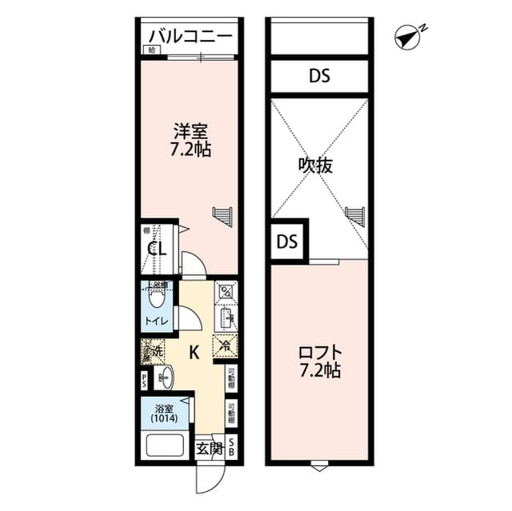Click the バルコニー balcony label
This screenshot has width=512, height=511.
click(x=190, y=37)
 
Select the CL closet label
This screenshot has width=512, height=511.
click(x=156, y=250)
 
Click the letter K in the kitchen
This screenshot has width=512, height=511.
click(x=194, y=351)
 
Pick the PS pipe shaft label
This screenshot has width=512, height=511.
click(x=145, y=379)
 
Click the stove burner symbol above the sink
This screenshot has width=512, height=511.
click(x=225, y=291)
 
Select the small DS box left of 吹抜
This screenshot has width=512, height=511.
click(x=285, y=242)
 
